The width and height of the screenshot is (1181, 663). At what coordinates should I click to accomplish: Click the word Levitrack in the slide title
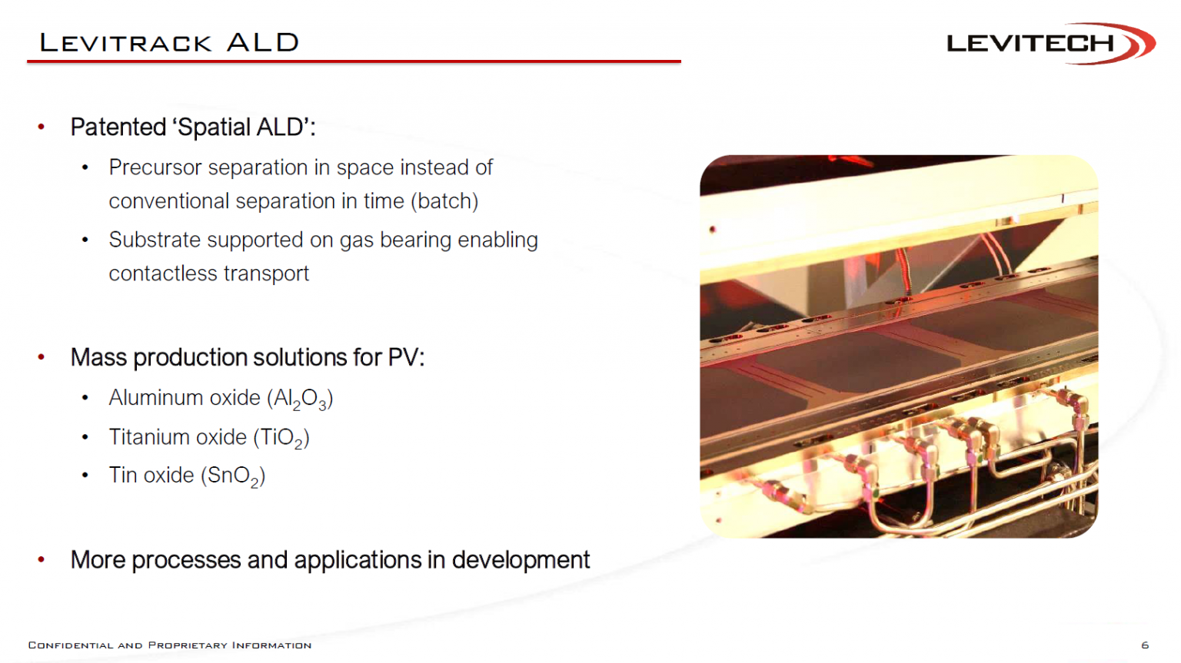125,43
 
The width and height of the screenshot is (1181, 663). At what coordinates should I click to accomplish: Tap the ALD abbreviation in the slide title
262,43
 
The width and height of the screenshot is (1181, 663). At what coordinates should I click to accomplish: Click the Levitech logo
1051,43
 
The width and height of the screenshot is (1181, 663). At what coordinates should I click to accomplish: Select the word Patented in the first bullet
118,127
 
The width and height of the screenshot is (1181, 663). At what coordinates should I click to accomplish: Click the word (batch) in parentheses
444,201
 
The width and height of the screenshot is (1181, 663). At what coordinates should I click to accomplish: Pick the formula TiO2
281,439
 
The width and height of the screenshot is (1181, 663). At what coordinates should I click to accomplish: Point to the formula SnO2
232,476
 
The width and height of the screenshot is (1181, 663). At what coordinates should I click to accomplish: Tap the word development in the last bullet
521,560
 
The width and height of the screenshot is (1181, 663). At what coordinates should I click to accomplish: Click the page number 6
1145,645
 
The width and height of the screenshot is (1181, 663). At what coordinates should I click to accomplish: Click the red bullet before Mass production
41,357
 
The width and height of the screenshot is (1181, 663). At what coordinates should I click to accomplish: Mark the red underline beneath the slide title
354,61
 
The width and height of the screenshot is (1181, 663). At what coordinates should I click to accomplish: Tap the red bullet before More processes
41,559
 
